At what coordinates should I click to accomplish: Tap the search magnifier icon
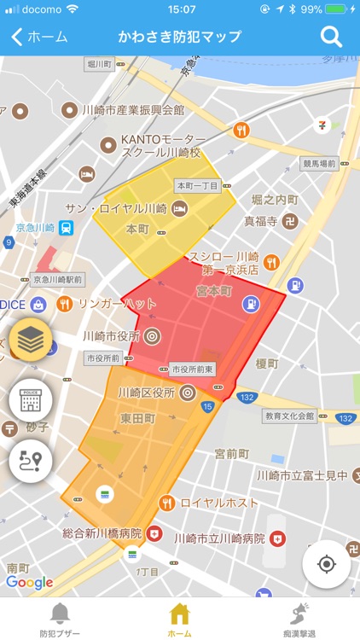click(331, 37)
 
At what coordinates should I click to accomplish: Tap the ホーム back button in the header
click(39, 37)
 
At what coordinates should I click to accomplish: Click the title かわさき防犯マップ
click(180, 37)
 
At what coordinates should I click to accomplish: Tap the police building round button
click(31, 399)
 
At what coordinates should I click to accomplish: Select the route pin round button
click(31, 460)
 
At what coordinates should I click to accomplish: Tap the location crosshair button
click(326, 564)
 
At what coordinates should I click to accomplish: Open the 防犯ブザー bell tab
click(60, 618)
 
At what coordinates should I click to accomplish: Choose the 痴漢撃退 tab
click(299, 618)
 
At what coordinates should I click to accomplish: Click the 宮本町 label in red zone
click(214, 291)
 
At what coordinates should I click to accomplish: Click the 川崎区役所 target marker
click(188, 393)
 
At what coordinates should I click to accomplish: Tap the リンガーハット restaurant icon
click(64, 304)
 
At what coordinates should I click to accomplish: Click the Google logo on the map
click(29, 582)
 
